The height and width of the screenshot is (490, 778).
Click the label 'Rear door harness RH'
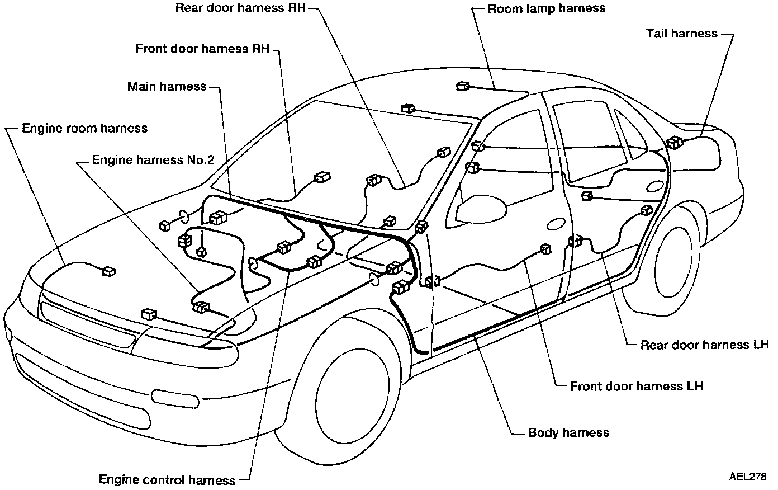[x=240, y=8]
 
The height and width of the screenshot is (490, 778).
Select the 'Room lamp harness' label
[x=546, y=8]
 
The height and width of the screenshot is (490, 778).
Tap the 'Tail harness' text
[x=681, y=34]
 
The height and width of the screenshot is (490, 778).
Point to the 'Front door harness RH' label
[x=202, y=49]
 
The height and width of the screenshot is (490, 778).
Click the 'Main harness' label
[x=167, y=87]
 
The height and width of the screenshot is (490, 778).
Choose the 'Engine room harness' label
[x=84, y=128]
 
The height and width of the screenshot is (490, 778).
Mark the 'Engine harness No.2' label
[x=153, y=160]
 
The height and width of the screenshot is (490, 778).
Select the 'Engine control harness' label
[x=167, y=480]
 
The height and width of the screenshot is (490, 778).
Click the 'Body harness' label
[x=568, y=432]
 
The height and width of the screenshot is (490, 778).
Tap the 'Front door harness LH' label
[x=636, y=386]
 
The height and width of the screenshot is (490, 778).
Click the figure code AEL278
[x=747, y=477]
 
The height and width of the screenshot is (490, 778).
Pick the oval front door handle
[x=556, y=224]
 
